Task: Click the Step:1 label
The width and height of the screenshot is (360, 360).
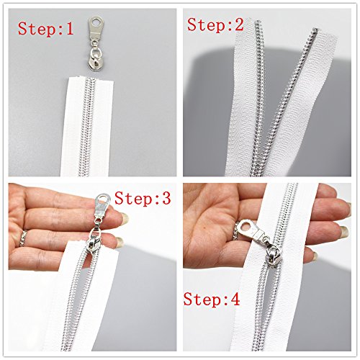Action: tap(45, 31)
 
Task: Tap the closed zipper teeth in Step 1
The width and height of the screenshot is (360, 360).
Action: tap(90, 122)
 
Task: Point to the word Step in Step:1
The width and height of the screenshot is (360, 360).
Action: tap(36, 31)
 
